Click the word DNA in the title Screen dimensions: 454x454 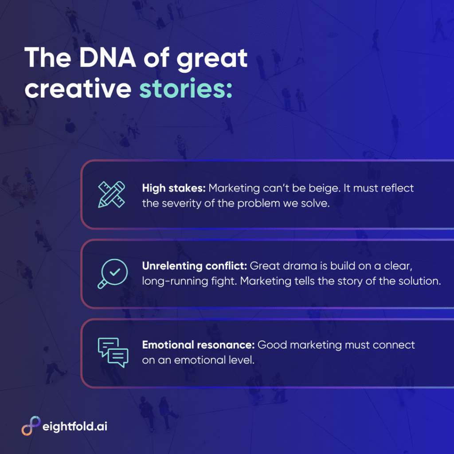pos(107,58)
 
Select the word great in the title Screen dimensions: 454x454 pos(212,59)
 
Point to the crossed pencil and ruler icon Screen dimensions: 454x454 pos(111,194)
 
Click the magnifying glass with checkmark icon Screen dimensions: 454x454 pos(113,274)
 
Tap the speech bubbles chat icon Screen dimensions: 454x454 pos(113,352)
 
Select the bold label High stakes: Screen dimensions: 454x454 pos(174,188)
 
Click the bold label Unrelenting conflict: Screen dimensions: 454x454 pos(194,266)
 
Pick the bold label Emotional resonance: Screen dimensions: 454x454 pos(198,345)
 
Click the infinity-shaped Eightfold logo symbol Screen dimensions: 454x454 pos(31,426)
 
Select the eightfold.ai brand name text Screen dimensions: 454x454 pos(75,427)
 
